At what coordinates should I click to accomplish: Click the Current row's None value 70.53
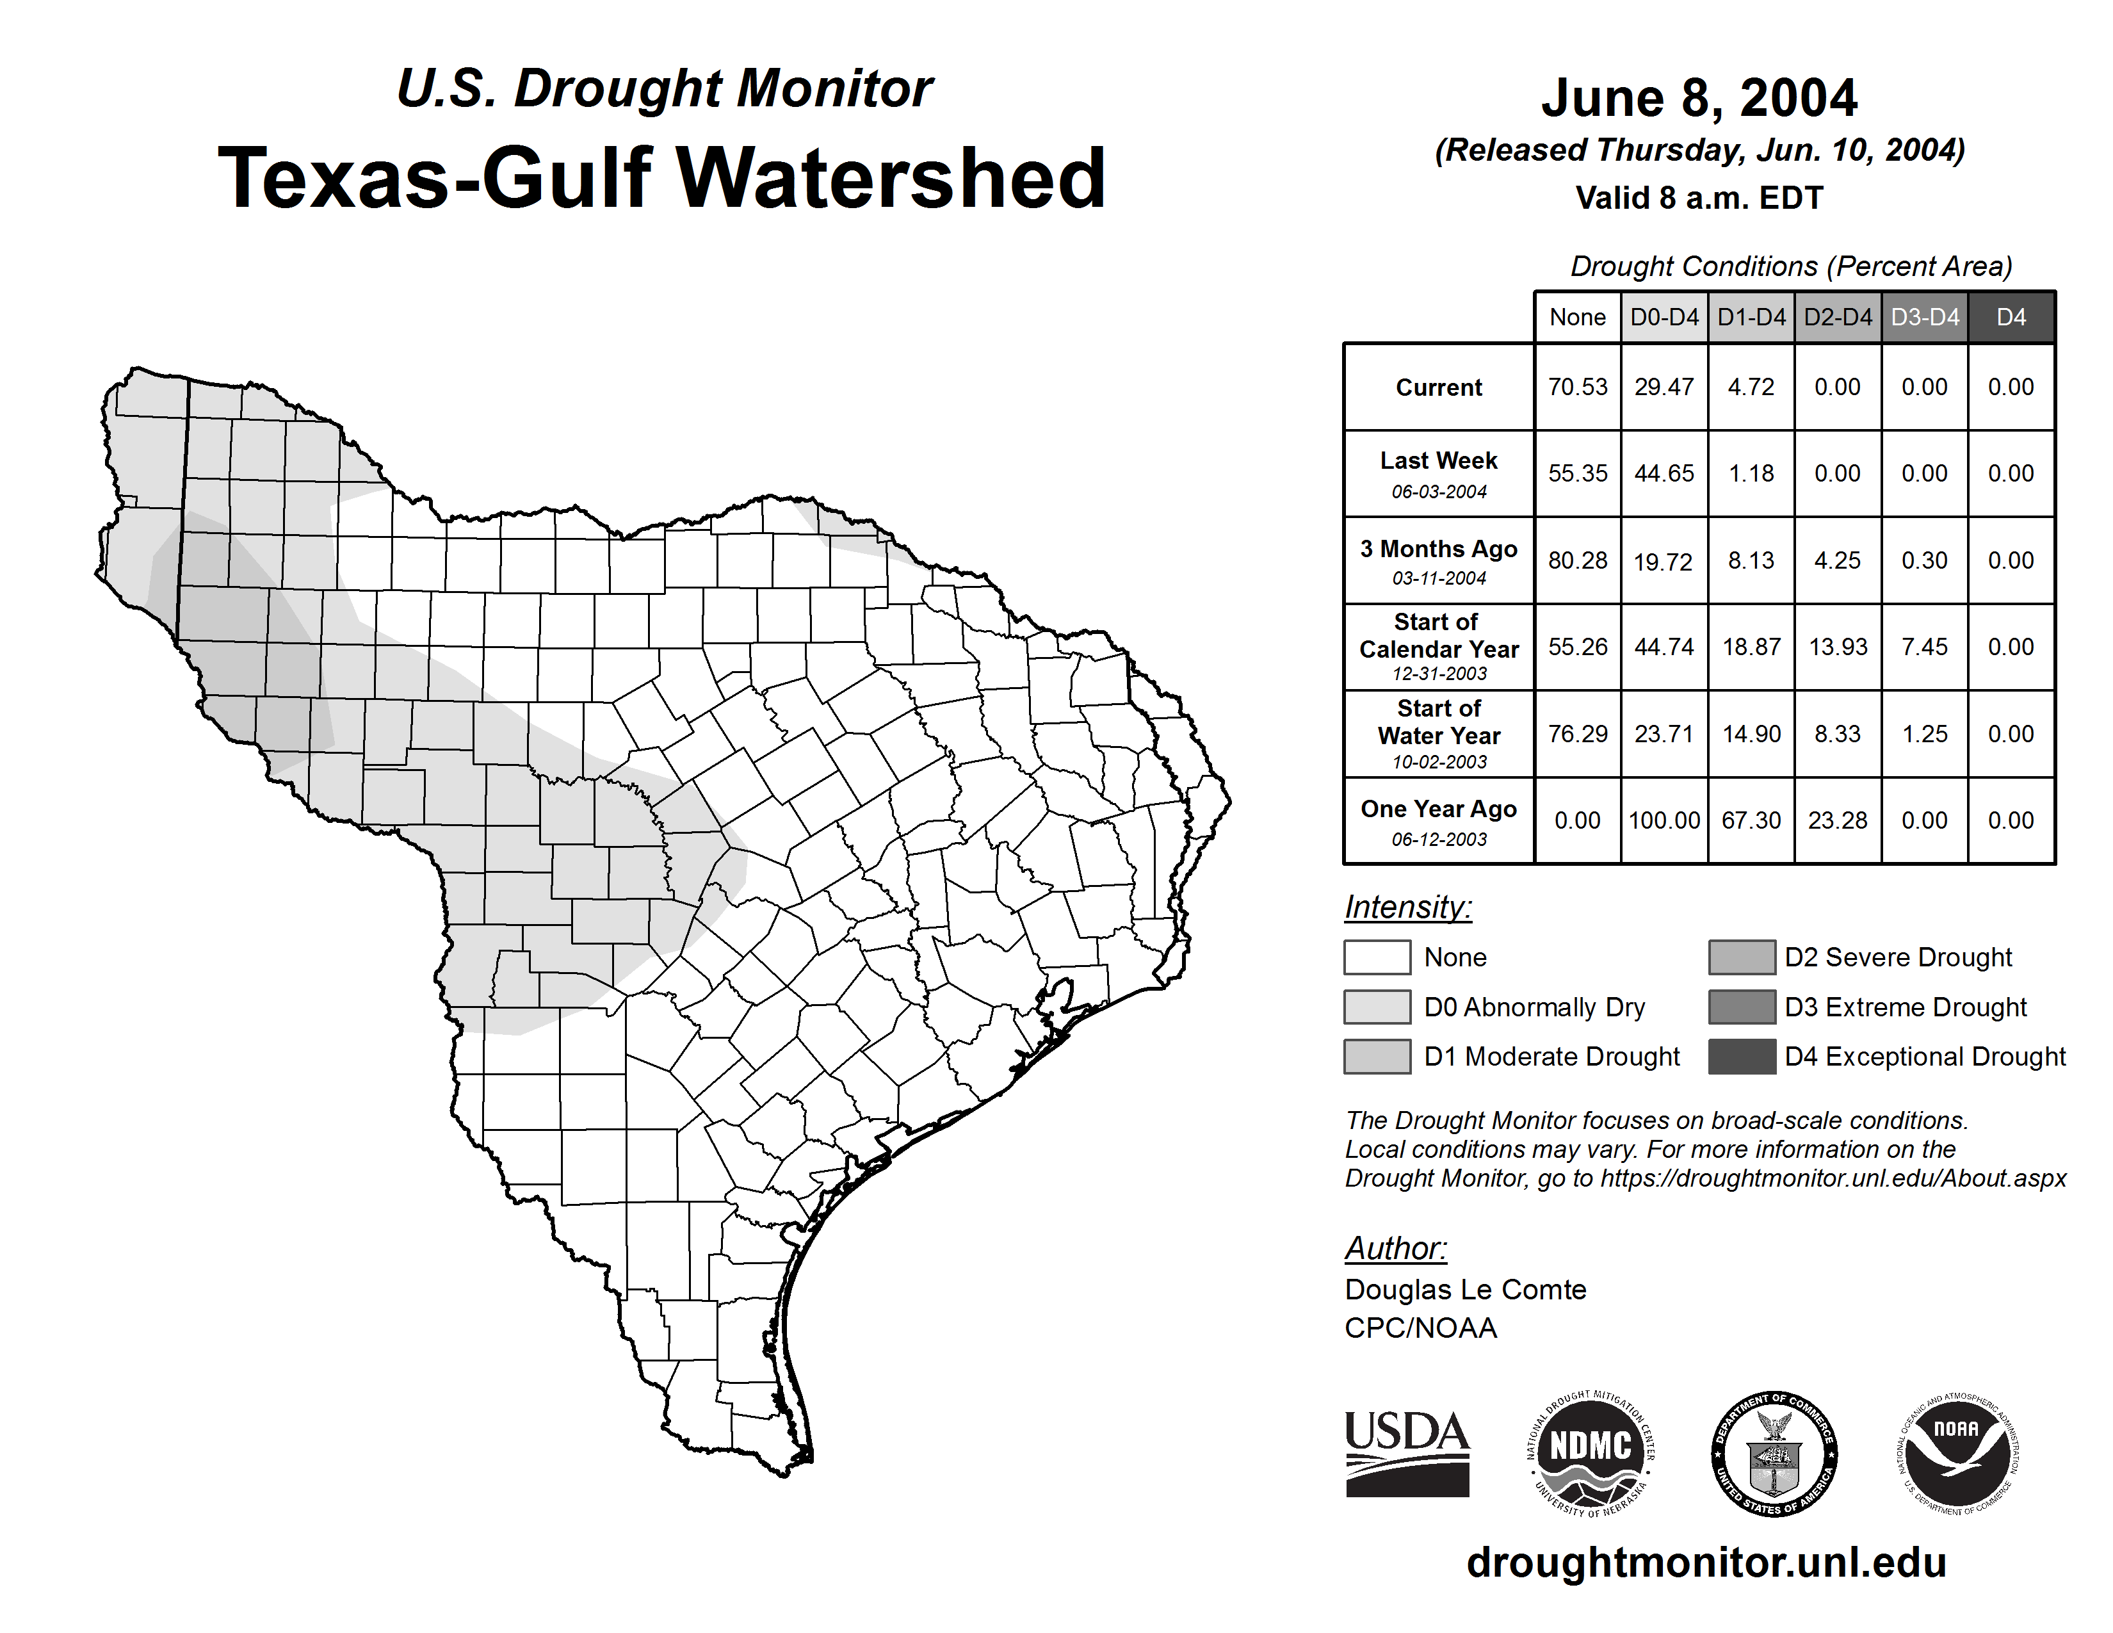pos(1577,387)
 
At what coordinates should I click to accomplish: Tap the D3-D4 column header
pos(1924,317)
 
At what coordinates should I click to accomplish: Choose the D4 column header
pos(2011,317)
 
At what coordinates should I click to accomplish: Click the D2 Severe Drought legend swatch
pos(1742,957)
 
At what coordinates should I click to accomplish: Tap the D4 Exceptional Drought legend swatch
pos(1742,1057)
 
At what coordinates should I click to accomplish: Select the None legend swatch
pos(1377,957)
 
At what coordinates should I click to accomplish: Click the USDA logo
pos(1407,1452)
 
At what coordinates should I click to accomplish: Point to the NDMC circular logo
pos(1591,1453)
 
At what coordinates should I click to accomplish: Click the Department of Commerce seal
pos(1774,1453)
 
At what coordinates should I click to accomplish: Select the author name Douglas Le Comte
pos(1465,1290)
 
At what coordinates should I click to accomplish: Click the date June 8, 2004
pos(1699,98)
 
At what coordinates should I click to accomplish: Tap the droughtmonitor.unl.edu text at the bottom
pos(1706,1563)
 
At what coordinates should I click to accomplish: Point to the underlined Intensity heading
pos(1407,907)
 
